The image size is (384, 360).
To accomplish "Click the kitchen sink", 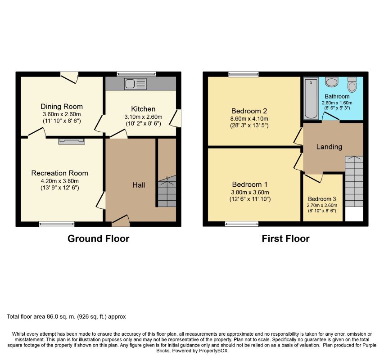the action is pos(136,84).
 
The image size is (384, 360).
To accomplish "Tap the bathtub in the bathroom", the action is pos(311,99).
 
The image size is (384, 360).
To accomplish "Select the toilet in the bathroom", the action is pos(352,85).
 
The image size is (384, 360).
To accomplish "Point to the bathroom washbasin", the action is pos(332,81).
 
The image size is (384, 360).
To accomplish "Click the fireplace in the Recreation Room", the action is pos(72,141).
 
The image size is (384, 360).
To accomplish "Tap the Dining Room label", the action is pos(62,107).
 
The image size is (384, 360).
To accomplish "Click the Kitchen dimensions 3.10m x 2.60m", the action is pos(143,117).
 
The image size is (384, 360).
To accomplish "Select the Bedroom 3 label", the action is pos(322,199).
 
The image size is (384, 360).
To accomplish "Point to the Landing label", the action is pos(329,147).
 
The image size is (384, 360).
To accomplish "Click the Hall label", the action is pos(139,185).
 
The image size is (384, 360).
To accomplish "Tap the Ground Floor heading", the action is pos(99,238).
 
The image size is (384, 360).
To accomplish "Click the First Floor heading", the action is pos(285,238).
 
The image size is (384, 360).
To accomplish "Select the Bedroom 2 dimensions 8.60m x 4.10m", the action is pos(249,119).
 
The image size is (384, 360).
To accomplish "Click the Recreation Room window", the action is pos(57,224).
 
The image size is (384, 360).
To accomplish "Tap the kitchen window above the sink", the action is pos(136,74).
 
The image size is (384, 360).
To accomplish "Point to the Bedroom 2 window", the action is pos(244,74).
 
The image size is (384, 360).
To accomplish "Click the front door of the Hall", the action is pos(121,221).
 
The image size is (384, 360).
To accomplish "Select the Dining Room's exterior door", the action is pos(69,77).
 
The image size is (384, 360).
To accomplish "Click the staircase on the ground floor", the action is pos(167,191).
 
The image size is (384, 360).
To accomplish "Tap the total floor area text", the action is pos(66,317).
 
